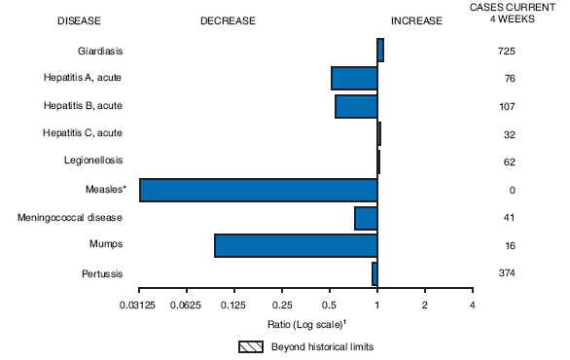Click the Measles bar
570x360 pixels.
[258, 190]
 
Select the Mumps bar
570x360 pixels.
[296, 245]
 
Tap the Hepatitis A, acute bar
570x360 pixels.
[354, 78]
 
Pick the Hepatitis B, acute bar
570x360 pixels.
[356, 106]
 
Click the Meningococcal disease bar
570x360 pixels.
[366, 218]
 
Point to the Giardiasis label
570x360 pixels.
[100, 51]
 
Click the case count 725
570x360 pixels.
[506, 51]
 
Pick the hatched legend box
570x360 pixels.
[251, 346]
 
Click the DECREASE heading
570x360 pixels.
[229, 19]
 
